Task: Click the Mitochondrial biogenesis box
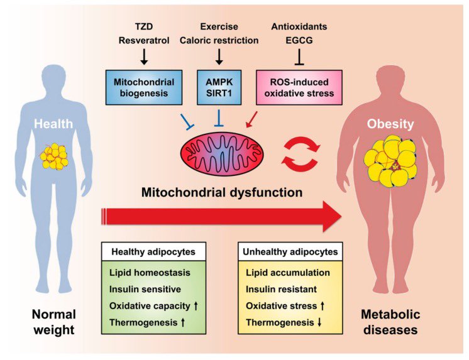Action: [x=144, y=87]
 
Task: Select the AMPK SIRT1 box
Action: [x=218, y=87]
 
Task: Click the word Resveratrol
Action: [x=144, y=41]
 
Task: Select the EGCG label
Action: [x=299, y=41]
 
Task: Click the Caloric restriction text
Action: [x=218, y=41]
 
